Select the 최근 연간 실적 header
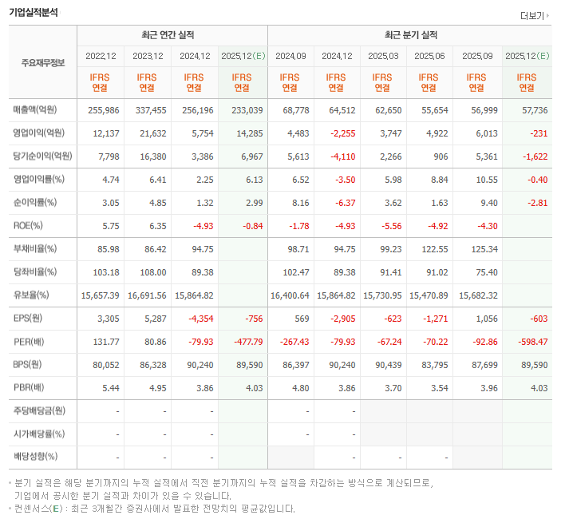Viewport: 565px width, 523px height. coord(172,35)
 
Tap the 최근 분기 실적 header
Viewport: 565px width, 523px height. coord(410,35)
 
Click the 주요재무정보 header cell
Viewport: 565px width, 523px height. coord(42,61)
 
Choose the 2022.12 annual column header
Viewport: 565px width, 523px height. coord(101,56)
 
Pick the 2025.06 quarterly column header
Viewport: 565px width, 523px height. coord(429,56)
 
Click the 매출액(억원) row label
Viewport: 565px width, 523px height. coord(38,109)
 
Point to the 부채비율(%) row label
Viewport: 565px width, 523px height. coord(34,249)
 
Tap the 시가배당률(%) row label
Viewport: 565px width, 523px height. coord(38,434)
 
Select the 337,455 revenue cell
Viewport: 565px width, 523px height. coord(147,109)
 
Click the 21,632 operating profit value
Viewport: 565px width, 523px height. coord(149,133)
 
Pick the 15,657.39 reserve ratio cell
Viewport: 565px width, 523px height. coord(101,295)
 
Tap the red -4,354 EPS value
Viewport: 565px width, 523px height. coord(196,319)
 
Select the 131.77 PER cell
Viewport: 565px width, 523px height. coord(105,342)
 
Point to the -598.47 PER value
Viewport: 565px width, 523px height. coord(531,342)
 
